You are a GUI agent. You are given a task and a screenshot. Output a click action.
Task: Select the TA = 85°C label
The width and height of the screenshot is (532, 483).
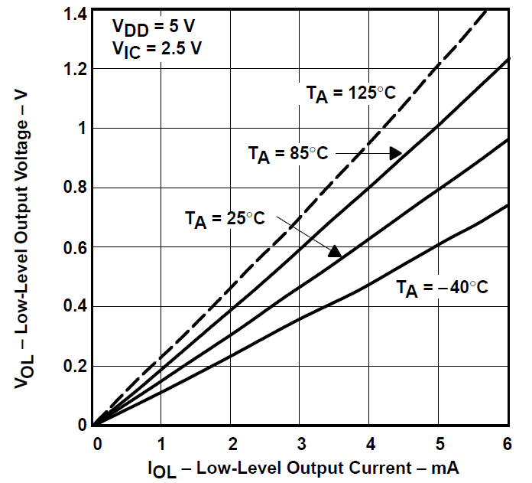(288, 154)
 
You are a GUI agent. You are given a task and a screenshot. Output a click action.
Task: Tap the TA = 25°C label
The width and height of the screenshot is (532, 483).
(225, 219)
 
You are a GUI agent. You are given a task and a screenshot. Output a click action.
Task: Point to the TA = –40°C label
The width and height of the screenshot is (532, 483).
(442, 288)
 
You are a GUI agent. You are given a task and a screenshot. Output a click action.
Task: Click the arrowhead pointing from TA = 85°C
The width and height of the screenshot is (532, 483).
(395, 153)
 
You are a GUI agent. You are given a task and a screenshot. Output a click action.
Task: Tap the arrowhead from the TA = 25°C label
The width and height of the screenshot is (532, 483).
(334, 250)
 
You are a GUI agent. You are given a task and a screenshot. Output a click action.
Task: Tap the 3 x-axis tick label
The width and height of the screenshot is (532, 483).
(300, 445)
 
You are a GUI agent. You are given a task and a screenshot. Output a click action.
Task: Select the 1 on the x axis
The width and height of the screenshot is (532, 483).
(161, 445)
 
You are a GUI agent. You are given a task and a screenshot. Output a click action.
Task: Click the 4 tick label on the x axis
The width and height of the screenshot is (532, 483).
(369, 445)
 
